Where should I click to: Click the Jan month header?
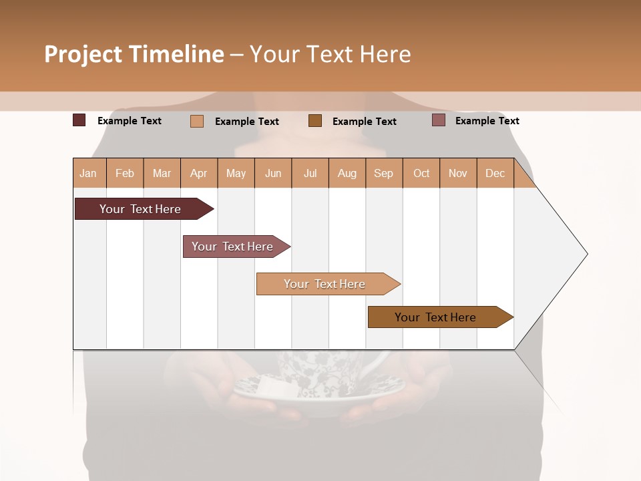point(88,173)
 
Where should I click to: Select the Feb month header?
point(125,173)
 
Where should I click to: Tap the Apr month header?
point(198,173)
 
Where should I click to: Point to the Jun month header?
point(273,173)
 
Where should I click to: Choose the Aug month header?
point(347,173)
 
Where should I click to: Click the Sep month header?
point(383,173)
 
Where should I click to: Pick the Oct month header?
point(421,173)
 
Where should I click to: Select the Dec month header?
point(495,173)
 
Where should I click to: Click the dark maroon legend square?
point(79,120)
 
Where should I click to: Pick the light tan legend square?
point(197,121)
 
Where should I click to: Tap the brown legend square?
point(315,120)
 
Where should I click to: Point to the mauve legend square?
point(439,120)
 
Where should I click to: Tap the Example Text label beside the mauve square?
point(487,120)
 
